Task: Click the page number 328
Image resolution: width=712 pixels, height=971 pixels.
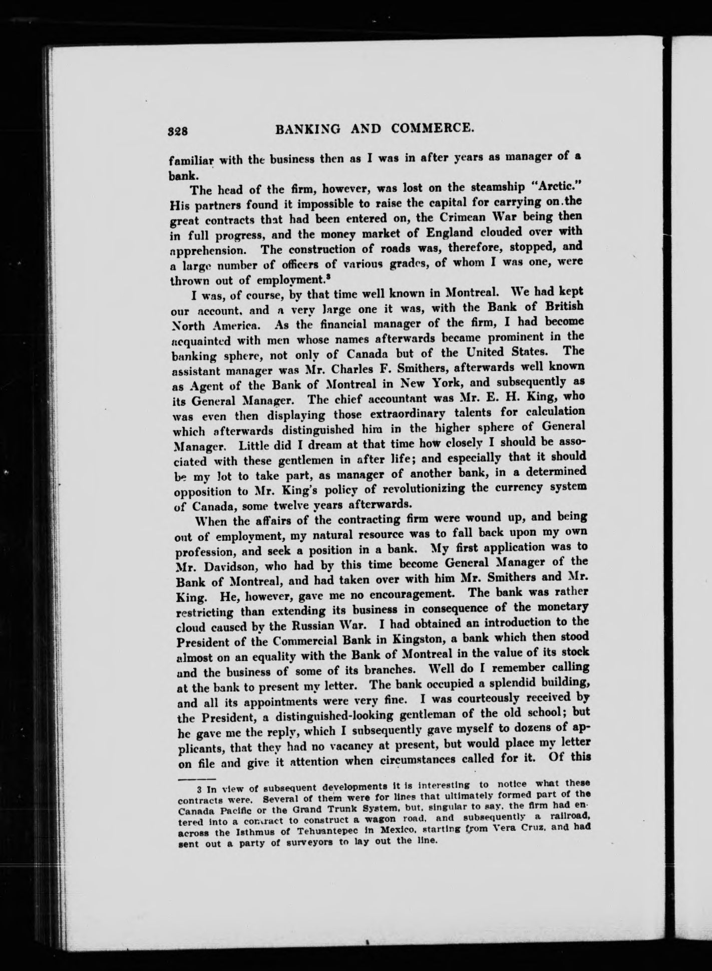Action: click(178, 131)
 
